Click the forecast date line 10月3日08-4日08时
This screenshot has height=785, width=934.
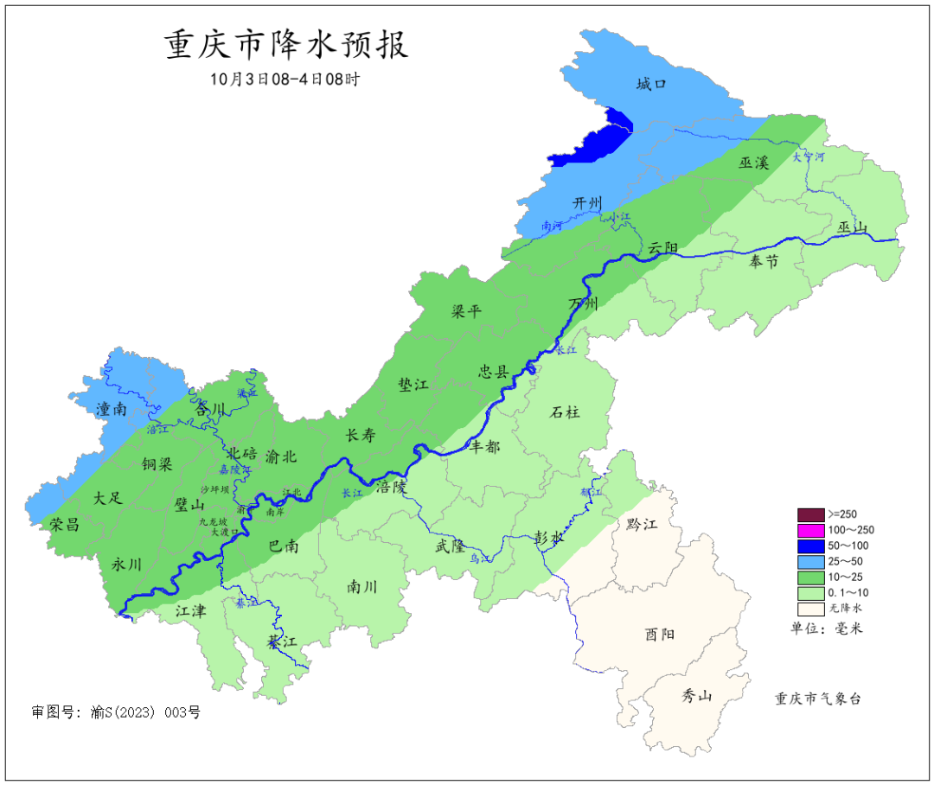pyautogui.click(x=285, y=79)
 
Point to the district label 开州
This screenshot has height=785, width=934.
pyautogui.click(x=587, y=202)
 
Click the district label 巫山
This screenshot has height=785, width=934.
pyautogui.click(x=852, y=227)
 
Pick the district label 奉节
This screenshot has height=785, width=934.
pyautogui.click(x=764, y=261)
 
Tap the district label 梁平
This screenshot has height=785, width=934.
pyautogui.click(x=466, y=311)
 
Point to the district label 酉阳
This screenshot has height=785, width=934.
pyautogui.click(x=660, y=634)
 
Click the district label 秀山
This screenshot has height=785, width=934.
pyautogui.click(x=696, y=695)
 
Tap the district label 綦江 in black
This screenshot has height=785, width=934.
pyautogui.click(x=282, y=642)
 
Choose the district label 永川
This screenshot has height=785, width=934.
pyautogui.click(x=127, y=564)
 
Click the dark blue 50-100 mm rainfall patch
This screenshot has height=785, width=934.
pyautogui.click(x=597, y=140)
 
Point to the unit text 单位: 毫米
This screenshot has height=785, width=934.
pyautogui.click(x=827, y=629)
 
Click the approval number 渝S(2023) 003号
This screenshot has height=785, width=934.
pyautogui.click(x=116, y=712)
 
